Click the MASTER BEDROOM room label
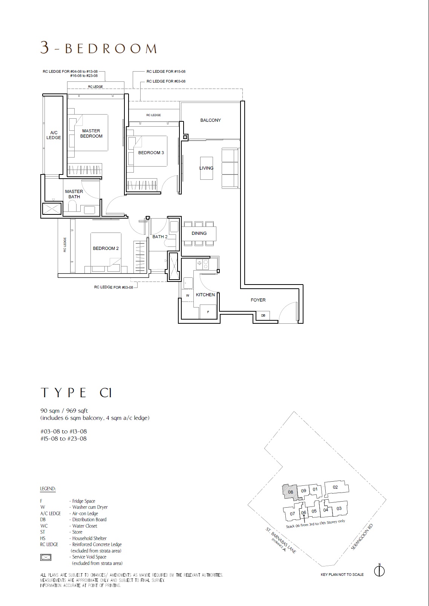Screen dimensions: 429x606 [91, 133]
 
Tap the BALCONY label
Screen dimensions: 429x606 [211, 120]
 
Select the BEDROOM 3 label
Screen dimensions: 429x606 [151, 153]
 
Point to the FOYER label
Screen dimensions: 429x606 [258, 300]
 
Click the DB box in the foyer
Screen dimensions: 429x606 [264, 315]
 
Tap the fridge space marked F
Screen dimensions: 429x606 [208, 311]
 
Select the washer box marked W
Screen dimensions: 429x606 [188, 296]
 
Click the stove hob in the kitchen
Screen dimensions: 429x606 [202, 264]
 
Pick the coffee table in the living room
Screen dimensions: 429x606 [207, 168]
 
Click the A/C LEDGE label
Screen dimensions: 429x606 [54, 135]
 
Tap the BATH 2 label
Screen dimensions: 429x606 [160, 236]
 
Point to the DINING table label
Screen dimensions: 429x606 [199, 233]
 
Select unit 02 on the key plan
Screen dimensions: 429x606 [336, 487]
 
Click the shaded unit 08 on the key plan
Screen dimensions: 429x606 [290, 492]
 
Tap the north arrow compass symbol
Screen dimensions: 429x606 [380, 571]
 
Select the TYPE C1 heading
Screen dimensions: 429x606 [76, 393]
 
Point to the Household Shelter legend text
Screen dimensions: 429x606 [89, 538]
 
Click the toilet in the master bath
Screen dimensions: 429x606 [72, 208]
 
